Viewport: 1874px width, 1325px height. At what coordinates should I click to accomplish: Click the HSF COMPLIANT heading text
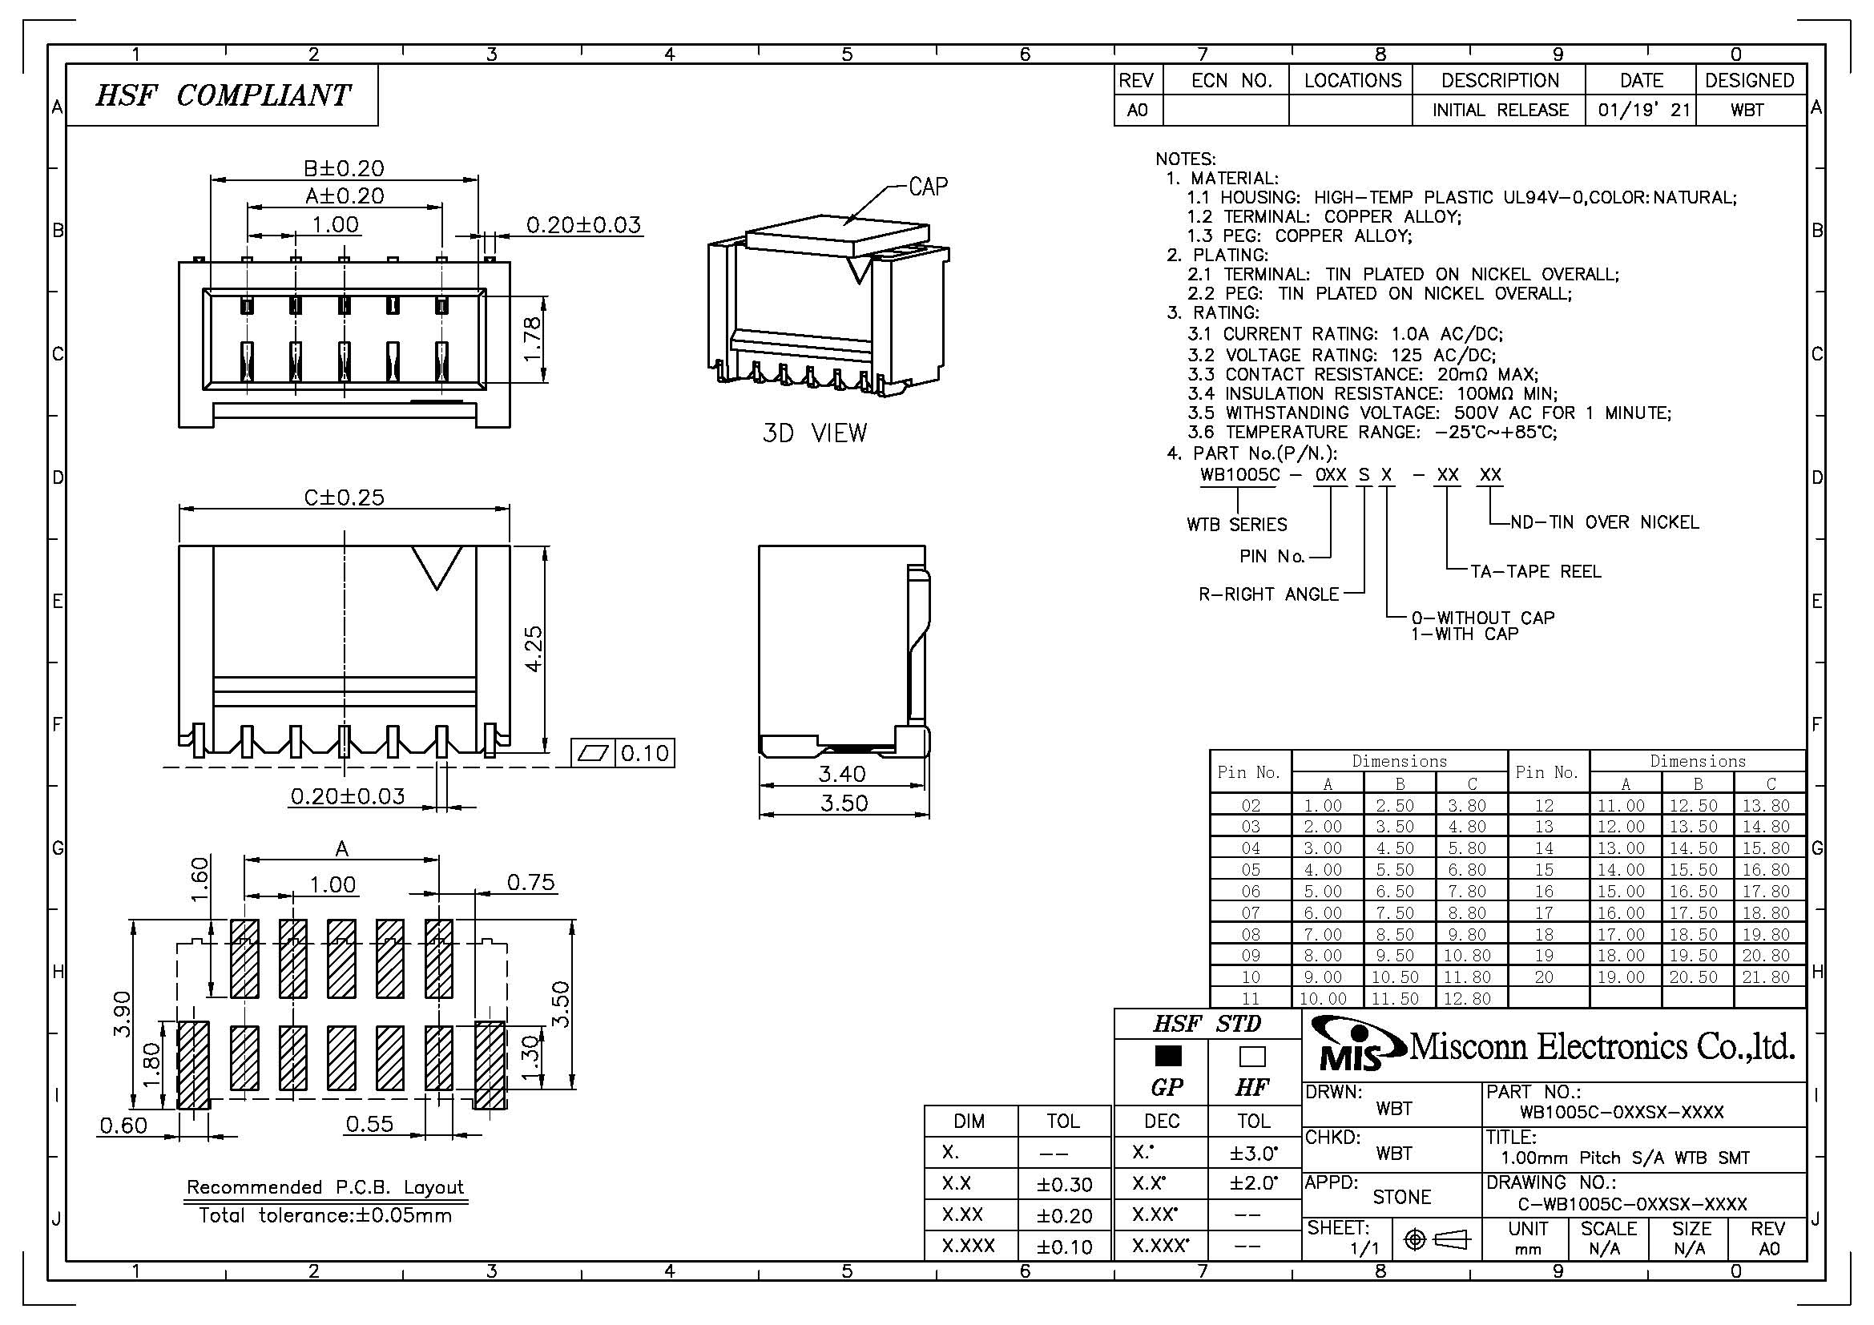tap(222, 95)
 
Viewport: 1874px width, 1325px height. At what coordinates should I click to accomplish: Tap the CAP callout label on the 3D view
tap(928, 187)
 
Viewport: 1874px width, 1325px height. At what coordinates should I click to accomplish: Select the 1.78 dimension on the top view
tap(531, 337)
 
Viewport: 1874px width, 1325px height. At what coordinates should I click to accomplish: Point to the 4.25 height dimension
tap(532, 649)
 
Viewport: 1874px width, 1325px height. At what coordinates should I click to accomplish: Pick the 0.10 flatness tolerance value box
tap(644, 752)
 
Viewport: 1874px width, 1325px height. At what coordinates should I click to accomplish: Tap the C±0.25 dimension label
tap(344, 497)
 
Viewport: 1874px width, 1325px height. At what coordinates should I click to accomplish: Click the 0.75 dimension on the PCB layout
tap(530, 882)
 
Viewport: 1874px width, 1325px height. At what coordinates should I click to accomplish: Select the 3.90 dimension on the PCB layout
tap(122, 1013)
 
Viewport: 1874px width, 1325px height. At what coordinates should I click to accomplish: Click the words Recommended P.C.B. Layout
tap(324, 1186)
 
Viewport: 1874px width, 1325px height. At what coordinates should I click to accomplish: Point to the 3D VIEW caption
tap(815, 433)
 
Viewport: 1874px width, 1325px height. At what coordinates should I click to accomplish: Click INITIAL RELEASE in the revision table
tap(1500, 110)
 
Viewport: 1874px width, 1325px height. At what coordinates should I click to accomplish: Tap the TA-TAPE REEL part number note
tap(1535, 571)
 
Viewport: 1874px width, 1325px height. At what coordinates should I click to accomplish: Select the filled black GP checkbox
tap(1168, 1056)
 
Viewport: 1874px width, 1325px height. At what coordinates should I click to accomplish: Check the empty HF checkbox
tap(1252, 1057)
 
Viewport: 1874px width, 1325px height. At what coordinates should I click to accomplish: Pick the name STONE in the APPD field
tap(1401, 1197)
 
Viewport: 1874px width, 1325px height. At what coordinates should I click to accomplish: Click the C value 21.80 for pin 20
tap(1766, 977)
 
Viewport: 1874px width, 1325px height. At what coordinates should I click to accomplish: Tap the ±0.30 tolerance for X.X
tap(1064, 1184)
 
